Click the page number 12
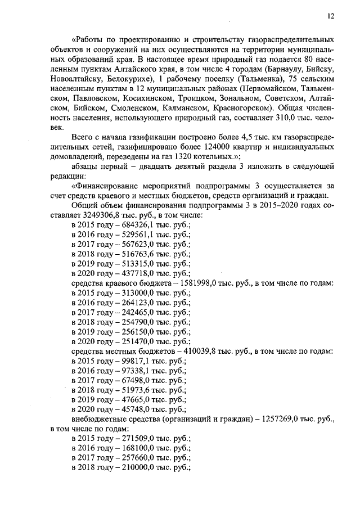click(x=331, y=17)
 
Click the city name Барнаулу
click(x=286, y=69)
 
